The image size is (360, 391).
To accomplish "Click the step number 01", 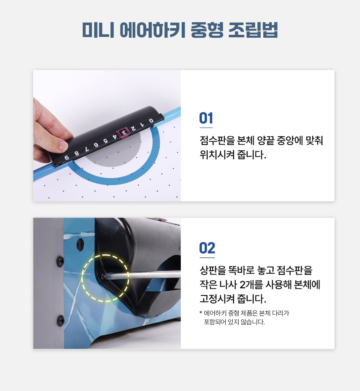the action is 206,118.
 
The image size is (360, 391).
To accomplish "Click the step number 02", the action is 207,248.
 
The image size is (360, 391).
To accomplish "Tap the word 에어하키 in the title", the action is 152,30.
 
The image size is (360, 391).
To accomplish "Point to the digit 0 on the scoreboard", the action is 151,121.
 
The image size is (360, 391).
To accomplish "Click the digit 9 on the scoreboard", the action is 67,158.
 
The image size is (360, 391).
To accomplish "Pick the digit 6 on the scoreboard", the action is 96,145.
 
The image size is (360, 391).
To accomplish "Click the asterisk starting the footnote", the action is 201,312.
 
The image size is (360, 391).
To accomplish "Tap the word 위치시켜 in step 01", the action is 217,155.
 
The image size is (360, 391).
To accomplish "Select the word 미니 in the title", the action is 98,30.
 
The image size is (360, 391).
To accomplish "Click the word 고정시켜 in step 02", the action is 217,299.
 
